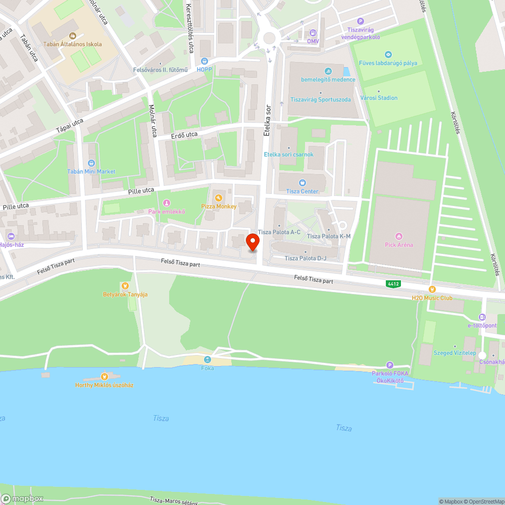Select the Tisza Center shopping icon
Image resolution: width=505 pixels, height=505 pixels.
[302, 183]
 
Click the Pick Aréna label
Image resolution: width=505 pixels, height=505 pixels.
[399, 245]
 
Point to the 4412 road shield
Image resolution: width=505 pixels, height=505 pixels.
[393, 284]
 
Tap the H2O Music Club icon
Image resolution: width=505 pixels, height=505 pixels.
[432, 289]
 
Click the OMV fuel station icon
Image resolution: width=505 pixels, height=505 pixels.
[313, 33]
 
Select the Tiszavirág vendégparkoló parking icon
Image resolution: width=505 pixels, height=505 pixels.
[360, 21]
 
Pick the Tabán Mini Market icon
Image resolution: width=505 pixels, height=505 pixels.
[91, 163]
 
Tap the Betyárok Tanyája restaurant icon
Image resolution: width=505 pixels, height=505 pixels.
[125, 286]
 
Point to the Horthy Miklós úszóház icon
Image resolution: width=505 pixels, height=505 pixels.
[105, 376]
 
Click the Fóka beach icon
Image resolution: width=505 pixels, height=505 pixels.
[207, 360]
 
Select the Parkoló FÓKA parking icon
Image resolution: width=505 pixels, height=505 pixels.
[389, 365]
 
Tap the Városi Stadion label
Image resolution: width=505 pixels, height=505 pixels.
[379, 97]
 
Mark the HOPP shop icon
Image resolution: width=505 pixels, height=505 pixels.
[205, 61]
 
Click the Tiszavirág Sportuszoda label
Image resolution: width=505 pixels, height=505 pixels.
[320, 99]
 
